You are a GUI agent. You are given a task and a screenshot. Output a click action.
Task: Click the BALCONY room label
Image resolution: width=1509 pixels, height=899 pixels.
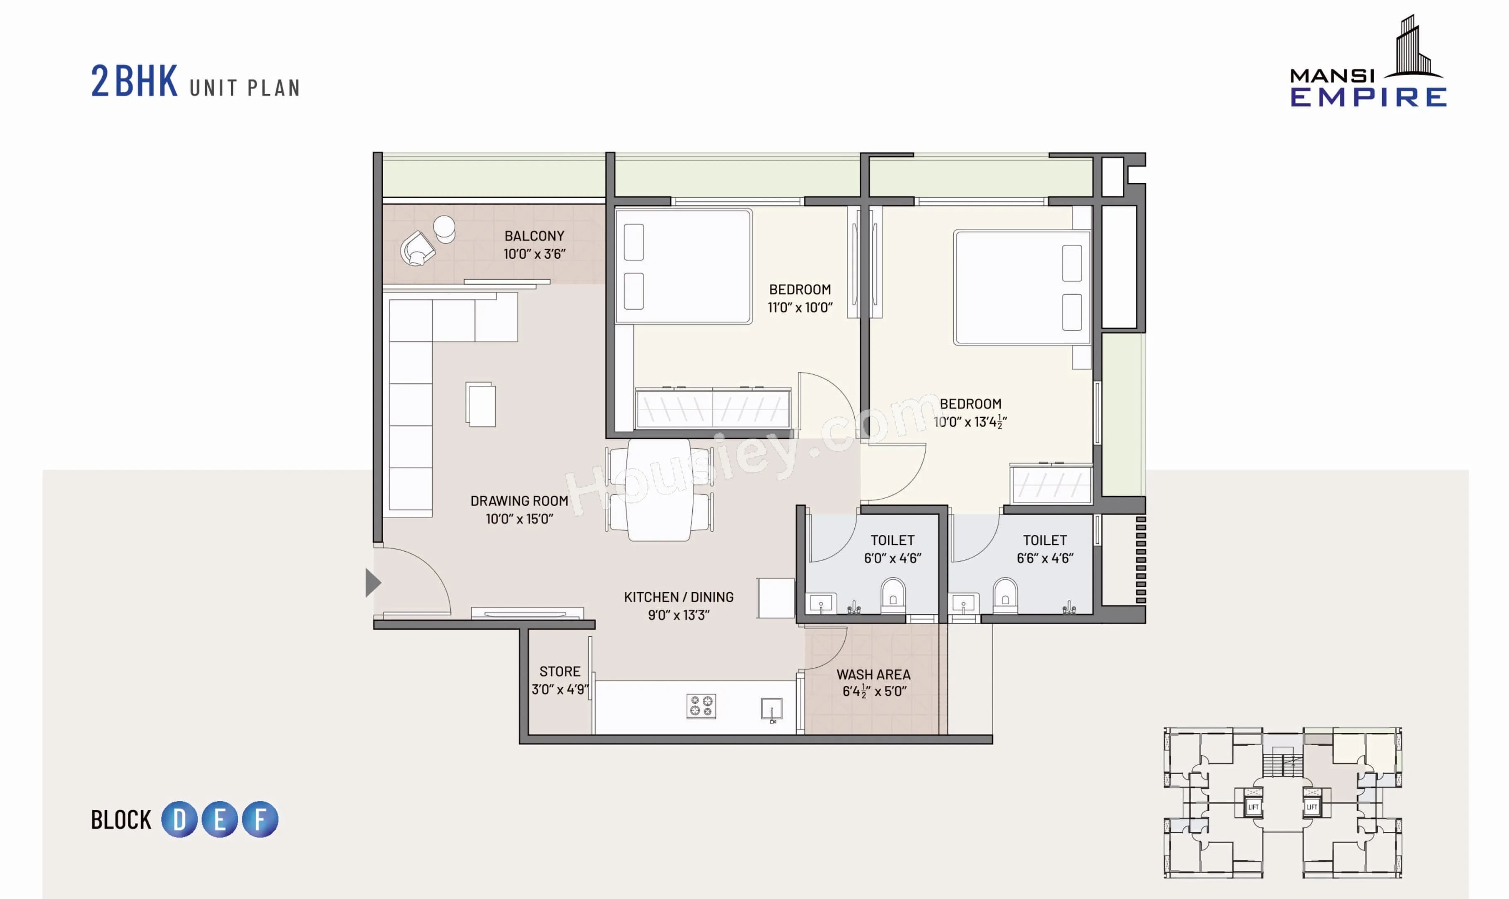534,236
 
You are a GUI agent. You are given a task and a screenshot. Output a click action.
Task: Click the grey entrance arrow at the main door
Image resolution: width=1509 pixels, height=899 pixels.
372,583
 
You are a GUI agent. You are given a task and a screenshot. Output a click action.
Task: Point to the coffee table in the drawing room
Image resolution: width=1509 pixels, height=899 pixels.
481,405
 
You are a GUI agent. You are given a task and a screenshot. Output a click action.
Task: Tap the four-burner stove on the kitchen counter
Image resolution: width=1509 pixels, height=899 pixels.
701,706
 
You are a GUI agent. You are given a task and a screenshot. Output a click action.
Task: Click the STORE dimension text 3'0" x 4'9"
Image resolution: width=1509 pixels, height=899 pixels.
559,689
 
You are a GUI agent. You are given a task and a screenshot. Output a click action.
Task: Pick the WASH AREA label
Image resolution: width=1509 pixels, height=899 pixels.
873,674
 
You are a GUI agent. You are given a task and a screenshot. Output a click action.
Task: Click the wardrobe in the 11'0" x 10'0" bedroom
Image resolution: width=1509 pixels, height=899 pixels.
713,409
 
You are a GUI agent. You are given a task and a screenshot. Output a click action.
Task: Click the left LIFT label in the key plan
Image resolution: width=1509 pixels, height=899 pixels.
1253,807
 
